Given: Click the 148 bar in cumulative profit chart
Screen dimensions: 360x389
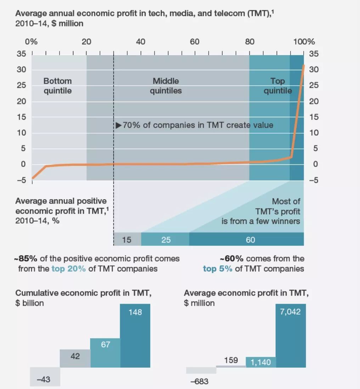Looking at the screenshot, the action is pos(135,336).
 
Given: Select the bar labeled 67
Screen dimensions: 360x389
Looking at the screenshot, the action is pos(105,353).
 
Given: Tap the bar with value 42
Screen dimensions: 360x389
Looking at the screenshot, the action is pos(75,359).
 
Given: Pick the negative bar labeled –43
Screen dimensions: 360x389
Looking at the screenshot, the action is pos(45,377).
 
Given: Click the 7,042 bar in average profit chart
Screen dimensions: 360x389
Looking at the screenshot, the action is pos(291,336).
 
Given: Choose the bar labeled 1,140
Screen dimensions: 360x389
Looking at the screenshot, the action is pos(261,362).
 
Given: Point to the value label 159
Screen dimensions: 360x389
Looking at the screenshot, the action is pos(231,360).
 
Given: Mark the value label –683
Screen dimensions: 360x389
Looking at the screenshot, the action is pos(199,381).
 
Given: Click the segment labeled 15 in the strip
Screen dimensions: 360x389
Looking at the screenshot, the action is pos(128,239).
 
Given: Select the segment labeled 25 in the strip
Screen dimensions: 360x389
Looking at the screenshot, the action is pos(165,239).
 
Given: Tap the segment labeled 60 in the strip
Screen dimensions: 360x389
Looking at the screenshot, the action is pos(247,239).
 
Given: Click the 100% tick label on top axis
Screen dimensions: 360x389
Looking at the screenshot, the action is pos(304,41).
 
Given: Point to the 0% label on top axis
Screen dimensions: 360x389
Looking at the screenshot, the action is pos(31,41).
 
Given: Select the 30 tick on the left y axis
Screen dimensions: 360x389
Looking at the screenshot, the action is pos(21,69).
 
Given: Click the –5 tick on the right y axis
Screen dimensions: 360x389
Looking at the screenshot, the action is pos(314,180).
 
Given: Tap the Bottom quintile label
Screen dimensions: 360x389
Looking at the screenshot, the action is pos(57,86).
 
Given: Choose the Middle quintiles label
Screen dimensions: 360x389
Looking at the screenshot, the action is pos(166,86).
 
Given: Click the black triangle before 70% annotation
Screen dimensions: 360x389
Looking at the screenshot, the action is pos(119,125).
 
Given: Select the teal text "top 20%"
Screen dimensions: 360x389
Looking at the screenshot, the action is pos(68,269).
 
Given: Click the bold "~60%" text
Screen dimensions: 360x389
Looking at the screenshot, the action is pos(231,259).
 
